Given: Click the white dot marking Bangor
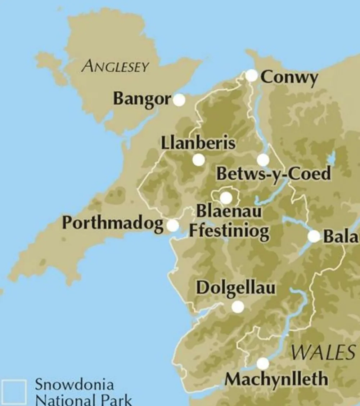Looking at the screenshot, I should pos(179,100).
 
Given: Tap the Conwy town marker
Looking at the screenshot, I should pos(252,76).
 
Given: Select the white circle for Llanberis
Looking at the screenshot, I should pos(198,160).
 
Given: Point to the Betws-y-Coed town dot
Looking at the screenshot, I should pos(263,160).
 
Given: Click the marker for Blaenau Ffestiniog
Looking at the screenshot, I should pos(226,198).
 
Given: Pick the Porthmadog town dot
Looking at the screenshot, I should pos(173,226).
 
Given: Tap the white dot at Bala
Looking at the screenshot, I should pos(314,236).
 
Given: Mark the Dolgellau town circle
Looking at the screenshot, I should pos(237,307).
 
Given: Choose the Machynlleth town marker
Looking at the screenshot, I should pos(262,363).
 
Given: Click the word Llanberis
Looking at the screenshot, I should pos(198,143).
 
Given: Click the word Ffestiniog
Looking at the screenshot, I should pos(229,232).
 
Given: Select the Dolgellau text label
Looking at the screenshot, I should pos(236,288).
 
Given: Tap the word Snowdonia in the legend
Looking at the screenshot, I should pos(74,385).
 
